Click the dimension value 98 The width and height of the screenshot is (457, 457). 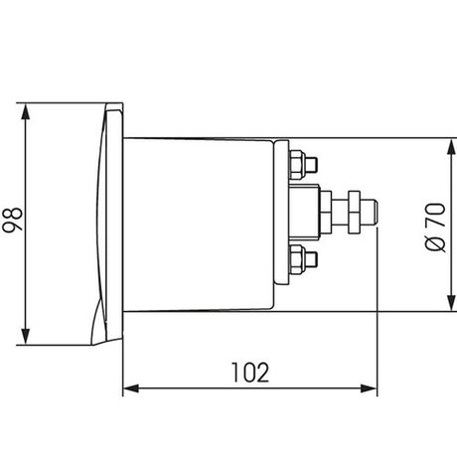12,220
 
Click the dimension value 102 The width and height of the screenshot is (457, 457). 250,373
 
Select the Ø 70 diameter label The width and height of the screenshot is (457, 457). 435,227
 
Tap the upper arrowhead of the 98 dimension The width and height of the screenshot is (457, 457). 25,111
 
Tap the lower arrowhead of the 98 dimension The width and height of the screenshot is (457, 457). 25,337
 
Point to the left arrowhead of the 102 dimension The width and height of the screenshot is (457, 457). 131,388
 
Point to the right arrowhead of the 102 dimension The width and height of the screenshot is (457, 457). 369,388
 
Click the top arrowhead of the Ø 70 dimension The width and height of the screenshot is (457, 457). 451,147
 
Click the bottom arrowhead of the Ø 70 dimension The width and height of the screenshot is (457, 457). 451,303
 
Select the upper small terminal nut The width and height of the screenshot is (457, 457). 297,165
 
